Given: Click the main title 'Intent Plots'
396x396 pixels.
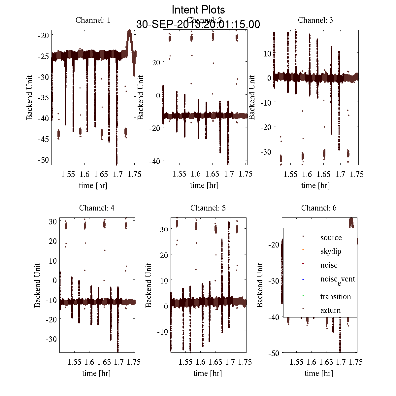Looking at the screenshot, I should (198, 10).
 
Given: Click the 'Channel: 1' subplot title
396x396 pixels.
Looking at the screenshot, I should (93, 20).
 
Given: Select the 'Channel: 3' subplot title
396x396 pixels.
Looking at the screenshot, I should (315, 20).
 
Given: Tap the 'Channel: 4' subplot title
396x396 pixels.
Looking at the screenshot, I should (97, 208).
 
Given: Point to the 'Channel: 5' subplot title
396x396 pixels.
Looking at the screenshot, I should (208, 208).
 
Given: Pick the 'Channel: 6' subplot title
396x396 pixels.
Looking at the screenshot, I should (319, 208).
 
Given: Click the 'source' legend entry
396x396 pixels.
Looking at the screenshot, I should (331, 238).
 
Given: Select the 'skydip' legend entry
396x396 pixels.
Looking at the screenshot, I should (331, 251).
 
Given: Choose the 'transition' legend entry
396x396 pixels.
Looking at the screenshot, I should (335, 297).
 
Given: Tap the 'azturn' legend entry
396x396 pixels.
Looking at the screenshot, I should (330, 310).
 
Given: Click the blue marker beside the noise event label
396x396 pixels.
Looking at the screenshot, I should (303, 279).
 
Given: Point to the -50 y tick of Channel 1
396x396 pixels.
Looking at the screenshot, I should (44, 160).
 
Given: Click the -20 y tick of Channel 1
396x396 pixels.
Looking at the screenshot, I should (44, 35).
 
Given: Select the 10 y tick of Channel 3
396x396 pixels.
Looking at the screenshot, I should (267, 53).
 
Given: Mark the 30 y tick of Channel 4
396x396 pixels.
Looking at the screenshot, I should (52, 221).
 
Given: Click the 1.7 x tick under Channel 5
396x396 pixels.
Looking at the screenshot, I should (230, 362).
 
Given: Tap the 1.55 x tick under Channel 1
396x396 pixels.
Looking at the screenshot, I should (68, 174).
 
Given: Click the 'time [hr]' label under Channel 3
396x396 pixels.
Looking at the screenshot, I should (315, 185).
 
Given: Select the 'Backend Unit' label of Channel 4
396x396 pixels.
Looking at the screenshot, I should (37, 285).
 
